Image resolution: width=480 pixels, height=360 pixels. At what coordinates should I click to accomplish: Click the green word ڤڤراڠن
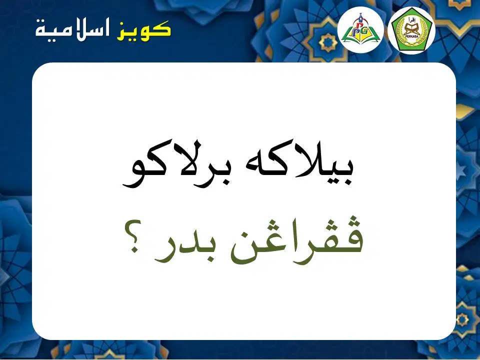[x=296, y=238]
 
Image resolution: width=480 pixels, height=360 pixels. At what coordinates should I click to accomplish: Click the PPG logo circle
[x=360, y=29]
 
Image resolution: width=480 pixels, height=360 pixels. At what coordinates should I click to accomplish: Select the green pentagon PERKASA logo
[x=411, y=30]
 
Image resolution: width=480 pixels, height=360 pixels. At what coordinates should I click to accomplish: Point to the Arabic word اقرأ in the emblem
[x=411, y=20]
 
